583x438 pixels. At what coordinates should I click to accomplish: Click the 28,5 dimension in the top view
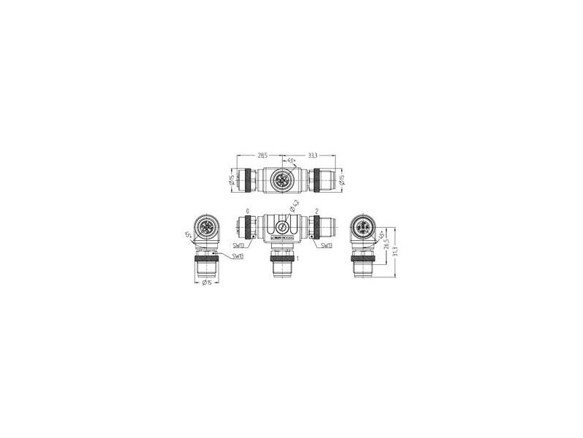(262, 155)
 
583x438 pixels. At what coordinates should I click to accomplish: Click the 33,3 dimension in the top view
(311, 155)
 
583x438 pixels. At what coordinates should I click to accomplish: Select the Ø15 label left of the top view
(232, 180)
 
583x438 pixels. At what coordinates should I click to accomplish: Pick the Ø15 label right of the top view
(342, 180)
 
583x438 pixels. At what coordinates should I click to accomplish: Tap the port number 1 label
(297, 258)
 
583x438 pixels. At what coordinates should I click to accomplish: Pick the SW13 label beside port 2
(327, 245)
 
